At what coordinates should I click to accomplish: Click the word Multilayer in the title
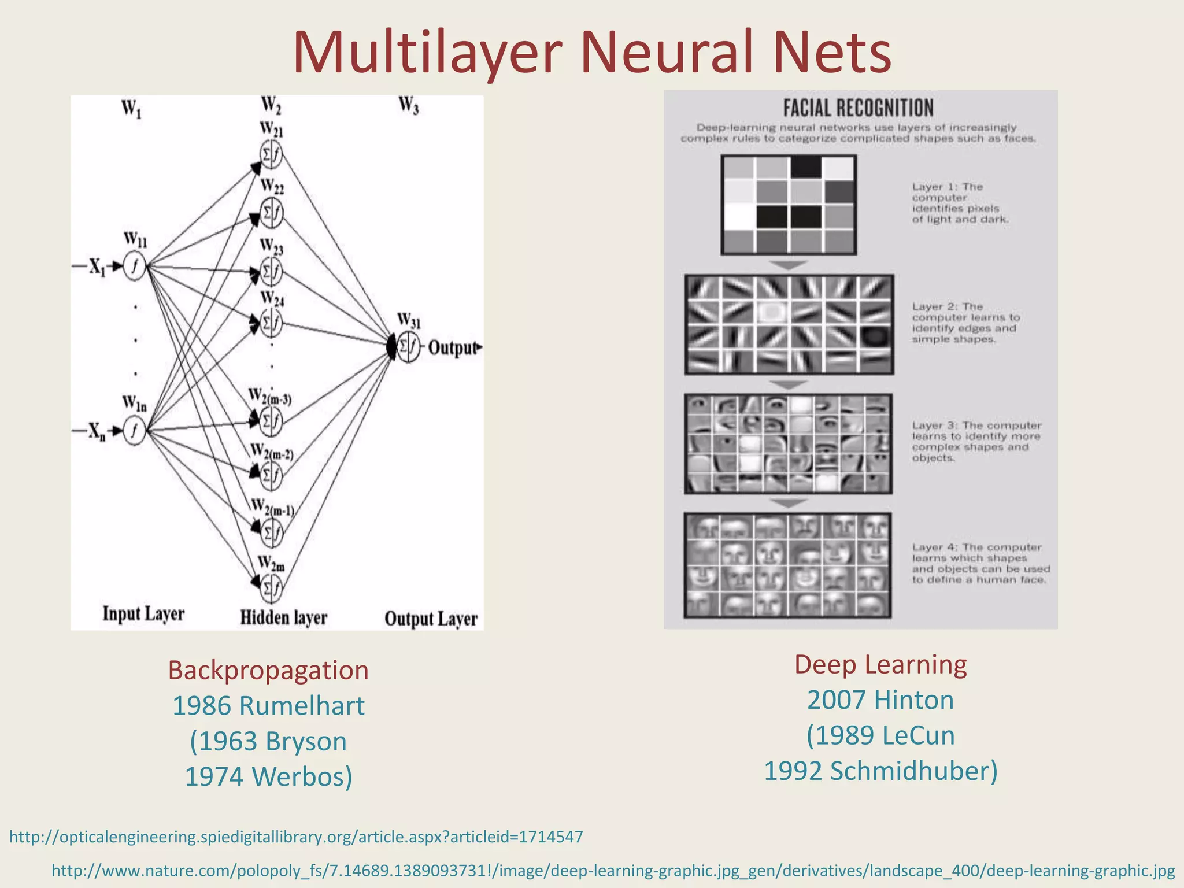[x=427, y=53]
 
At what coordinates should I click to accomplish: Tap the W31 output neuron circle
[x=408, y=347]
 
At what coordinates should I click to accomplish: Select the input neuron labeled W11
[x=134, y=267]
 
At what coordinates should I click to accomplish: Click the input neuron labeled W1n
[x=134, y=431]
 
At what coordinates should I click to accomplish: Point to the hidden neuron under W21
[x=271, y=154]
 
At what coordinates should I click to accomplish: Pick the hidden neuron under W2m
[x=271, y=588]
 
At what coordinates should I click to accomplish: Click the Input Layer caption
[x=143, y=614]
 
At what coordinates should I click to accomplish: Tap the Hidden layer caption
[x=283, y=618]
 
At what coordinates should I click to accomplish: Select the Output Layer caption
[x=431, y=619]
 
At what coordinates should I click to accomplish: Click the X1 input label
[x=97, y=267]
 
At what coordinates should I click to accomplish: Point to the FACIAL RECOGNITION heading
[x=858, y=108]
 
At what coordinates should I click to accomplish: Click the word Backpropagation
[x=268, y=671]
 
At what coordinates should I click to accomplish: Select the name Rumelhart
[x=302, y=706]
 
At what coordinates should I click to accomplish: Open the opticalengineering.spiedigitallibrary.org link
[x=296, y=837]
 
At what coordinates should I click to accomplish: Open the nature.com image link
[x=613, y=871]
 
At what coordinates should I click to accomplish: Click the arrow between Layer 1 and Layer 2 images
[x=789, y=265]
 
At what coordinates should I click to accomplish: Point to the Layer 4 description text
[x=980, y=563]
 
